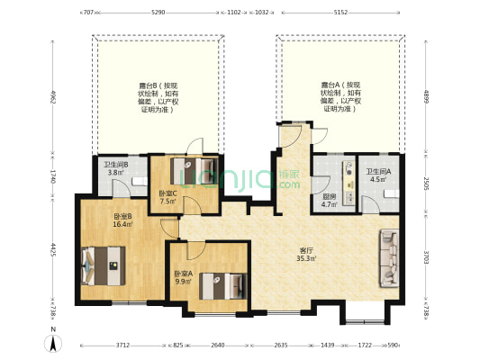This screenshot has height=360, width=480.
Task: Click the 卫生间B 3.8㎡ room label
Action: (115, 168)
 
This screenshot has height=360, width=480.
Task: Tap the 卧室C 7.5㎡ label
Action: (168, 198)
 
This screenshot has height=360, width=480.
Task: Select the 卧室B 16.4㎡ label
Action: (123, 220)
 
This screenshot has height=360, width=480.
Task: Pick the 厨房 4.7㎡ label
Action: (331, 201)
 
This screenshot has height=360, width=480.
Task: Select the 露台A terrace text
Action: (341, 95)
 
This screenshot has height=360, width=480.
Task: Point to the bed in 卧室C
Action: (194, 170)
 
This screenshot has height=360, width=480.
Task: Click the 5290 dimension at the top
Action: (158, 13)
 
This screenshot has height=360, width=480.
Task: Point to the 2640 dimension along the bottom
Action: (217, 346)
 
